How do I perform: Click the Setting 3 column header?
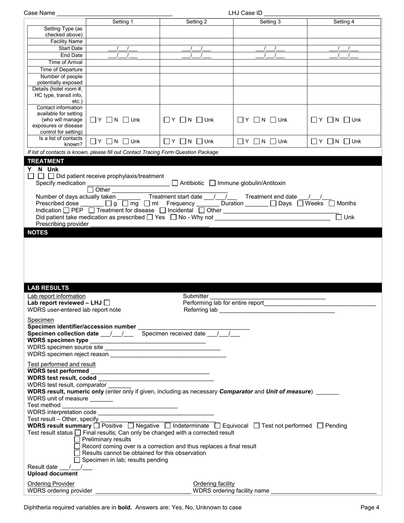(270, 22)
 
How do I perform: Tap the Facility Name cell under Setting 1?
(123, 41)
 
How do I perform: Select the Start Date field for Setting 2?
(196, 48)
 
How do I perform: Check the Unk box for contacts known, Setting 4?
(346, 141)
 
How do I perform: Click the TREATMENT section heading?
(46, 161)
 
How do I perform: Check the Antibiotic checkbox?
(175, 183)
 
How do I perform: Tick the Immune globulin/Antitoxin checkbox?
(213, 183)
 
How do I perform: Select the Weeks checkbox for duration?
(300, 203)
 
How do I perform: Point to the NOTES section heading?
(38, 233)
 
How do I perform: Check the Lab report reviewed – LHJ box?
(107, 303)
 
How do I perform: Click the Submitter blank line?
(267, 296)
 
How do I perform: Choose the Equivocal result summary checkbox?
(218, 426)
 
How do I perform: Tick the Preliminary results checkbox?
(77, 439)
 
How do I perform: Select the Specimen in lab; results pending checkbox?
(77, 460)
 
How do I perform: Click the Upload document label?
(53, 473)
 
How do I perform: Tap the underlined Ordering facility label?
(214, 483)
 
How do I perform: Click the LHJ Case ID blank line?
(321, 13)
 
